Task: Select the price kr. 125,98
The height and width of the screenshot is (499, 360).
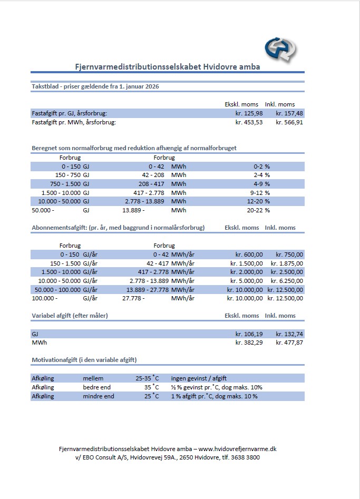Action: (249, 113)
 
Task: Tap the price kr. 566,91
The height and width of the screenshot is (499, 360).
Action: (289, 122)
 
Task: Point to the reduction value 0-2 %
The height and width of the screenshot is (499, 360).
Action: (262, 166)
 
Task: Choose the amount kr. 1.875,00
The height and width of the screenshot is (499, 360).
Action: (287, 263)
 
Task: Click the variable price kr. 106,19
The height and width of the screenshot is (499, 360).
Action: (249, 334)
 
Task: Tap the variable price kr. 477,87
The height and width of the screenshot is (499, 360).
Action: (289, 343)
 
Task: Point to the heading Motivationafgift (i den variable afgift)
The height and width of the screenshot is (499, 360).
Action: (84, 360)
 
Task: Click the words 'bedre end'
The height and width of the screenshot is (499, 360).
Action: (96, 387)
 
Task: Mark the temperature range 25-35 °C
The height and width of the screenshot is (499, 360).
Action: (147, 378)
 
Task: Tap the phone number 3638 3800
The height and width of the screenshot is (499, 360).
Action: (246, 457)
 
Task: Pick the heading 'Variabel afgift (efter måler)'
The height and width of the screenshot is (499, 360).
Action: (70, 316)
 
